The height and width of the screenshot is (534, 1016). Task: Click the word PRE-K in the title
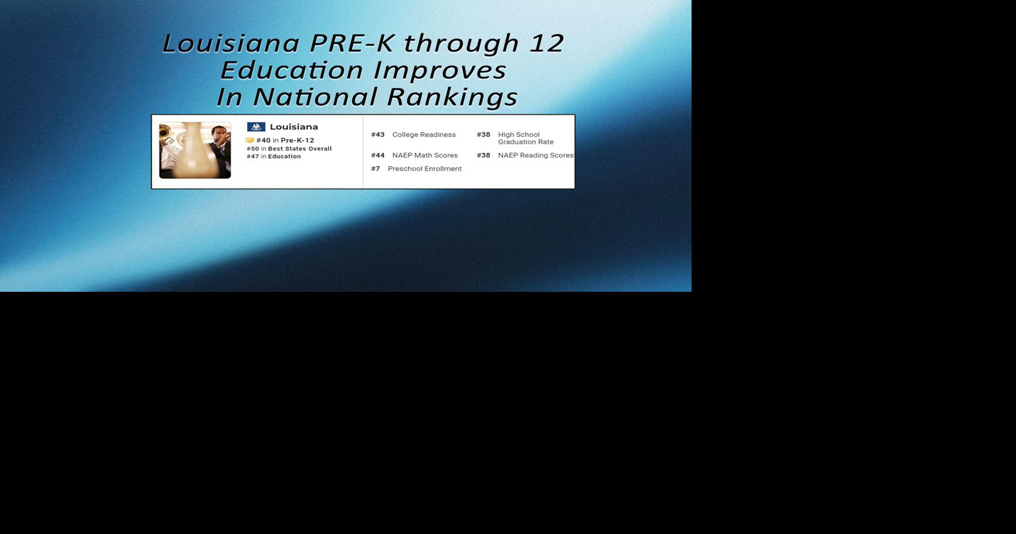tap(352, 43)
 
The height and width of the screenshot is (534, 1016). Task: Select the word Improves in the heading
tap(440, 70)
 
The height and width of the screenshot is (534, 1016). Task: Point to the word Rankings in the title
tap(452, 97)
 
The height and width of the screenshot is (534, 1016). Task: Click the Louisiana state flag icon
tap(256, 127)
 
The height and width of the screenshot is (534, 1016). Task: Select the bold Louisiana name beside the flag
tap(294, 127)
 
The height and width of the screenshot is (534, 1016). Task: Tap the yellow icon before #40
tap(250, 140)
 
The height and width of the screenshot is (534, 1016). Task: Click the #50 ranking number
tap(253, 149)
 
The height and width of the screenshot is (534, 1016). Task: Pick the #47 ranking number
tap(253, 156)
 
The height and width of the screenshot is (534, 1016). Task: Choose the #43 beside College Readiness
tap(377, 135)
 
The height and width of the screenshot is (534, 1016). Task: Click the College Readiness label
tap(424, 135)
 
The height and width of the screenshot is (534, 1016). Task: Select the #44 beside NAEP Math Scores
tap(377, 156)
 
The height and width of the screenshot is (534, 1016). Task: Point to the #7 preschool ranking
tap(375, 169)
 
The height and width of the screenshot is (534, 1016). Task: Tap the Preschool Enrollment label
tap(425, 169)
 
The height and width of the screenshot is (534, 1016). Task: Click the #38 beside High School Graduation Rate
tap(483, 135)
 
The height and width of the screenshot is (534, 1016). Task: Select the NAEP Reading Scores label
tap(535, 156)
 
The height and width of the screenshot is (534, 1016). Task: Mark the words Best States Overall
tap(300, 149)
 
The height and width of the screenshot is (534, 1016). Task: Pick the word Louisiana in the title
tap(231, 43)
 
